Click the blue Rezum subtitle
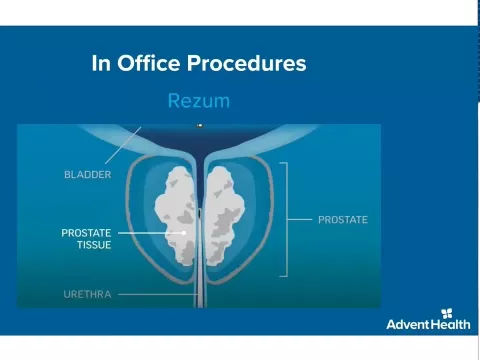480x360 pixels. coord(199,101)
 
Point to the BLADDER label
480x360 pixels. coord(87,175)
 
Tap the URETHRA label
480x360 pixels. coord(86,295)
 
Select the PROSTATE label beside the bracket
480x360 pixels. coord(343,219)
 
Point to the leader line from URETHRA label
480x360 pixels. coord(150,295)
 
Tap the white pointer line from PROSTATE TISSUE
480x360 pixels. coord(150,234)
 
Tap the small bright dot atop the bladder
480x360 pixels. coord(199,126)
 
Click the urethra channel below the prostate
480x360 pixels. coord(200,290)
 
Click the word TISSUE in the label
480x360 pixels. coord(94,246)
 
